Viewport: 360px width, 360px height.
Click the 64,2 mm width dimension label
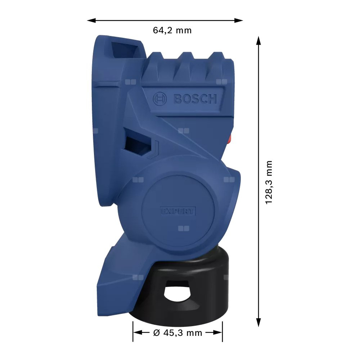point(172,31)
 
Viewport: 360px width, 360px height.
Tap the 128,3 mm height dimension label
point(269,182)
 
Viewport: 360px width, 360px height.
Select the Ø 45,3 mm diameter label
point(177,333)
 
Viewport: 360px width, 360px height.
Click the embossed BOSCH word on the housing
point(195,99)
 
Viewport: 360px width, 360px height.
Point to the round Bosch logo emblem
point(159,99)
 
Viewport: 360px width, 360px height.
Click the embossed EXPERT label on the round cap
point(178,211)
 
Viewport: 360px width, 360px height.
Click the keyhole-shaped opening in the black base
point(177,291)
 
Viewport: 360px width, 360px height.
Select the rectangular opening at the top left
point(125,50)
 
